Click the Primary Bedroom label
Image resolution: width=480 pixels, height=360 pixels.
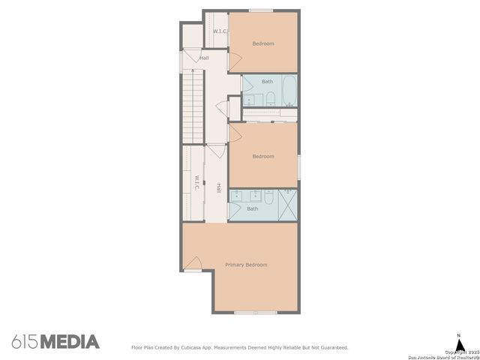pyautogui.click(x=246, y=265)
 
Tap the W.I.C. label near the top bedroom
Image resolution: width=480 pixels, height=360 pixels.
pyautogui.click(x=220, y=31)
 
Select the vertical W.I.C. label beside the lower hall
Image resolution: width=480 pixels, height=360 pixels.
pyautogui.click(x=196, y=183)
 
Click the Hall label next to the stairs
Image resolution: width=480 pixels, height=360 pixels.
pyautogui.click(x=204, y=58)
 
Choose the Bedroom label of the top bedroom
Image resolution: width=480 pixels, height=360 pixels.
pyautogui.click(x=263, y=43)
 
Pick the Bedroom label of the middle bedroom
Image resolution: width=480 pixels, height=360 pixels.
pyautogui.click(x=263, y=156)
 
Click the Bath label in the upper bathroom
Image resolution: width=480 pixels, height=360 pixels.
pyautogui.click(x=268, y=81)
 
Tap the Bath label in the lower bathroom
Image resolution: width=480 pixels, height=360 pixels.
pyautogui.click(x=253, y=209)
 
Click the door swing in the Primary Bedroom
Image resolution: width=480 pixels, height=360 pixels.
pyautogui.click(x=193, y=264)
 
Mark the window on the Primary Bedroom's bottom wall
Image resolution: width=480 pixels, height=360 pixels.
pyautogui.click(x=256, y=312)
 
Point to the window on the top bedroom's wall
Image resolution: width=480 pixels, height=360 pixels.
pyautogui.click(x=261, y=10)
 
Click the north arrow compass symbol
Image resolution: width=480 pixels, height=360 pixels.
pyautogui.click(x=460, y=340)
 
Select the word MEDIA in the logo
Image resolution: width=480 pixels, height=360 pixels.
pyautogui.click(x=70, y=342)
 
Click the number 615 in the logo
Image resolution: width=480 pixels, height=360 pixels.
pyautogui.click(x=25, y=342)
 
